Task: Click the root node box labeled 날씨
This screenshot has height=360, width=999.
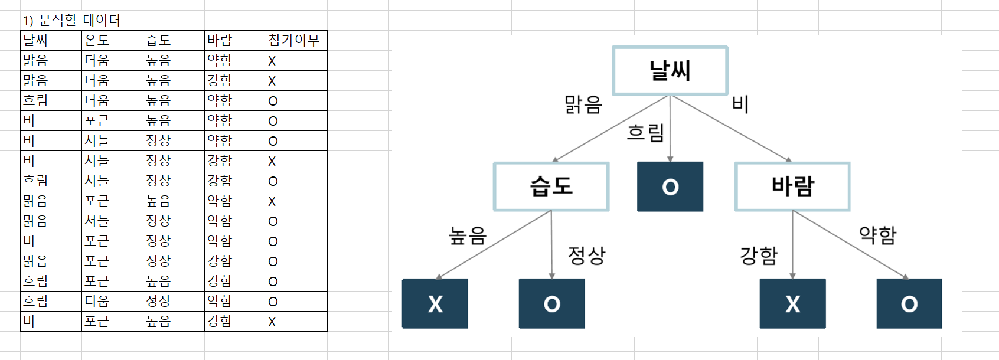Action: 670,70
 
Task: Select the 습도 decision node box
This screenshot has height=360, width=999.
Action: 551,186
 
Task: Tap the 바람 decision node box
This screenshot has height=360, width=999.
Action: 792,186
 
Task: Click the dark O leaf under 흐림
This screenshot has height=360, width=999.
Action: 670,186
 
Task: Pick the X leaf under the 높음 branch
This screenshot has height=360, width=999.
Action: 435,303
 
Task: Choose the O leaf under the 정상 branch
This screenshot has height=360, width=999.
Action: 551,303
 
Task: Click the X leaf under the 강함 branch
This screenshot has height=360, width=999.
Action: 792,303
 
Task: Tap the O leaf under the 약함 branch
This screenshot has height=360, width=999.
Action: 909,303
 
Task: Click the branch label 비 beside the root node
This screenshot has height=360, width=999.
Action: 740,104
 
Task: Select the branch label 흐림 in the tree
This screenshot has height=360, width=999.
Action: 645,132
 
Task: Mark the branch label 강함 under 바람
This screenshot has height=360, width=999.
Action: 759,256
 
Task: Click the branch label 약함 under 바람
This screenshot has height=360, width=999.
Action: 877,235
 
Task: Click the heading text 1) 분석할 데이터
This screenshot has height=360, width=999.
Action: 71,21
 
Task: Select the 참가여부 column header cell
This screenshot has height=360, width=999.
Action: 296,40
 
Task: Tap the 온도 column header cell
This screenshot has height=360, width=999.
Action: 112,40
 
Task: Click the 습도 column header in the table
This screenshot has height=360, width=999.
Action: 174,40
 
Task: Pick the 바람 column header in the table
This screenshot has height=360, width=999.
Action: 235,40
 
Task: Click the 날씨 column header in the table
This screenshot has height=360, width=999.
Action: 51,40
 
